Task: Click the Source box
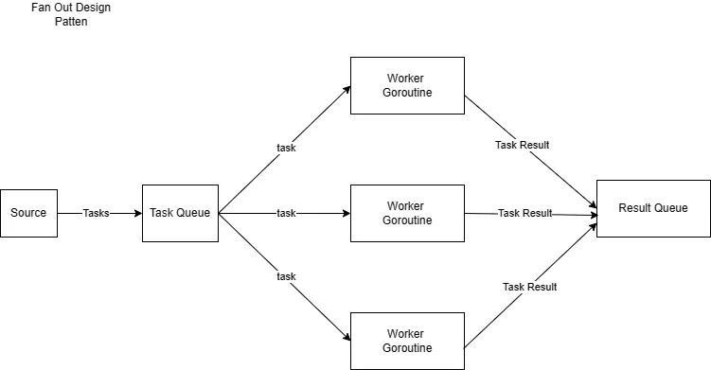point(28,213)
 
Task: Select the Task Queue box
point(180,213)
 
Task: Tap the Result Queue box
point(652,208)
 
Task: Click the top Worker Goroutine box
point(407,85)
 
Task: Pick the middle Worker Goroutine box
point(407,213)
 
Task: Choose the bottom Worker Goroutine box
point(407,341)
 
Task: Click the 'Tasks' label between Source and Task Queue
point(97,213)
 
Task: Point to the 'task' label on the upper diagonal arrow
point(286,148)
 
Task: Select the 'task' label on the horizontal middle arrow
point(286,213)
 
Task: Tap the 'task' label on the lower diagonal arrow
point(286,276)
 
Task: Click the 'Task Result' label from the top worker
point(522,146)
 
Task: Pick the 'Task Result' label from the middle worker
point(524,213)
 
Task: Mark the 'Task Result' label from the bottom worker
point(529,287)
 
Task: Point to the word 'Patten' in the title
point(70,22)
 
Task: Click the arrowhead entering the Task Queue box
point(137,213)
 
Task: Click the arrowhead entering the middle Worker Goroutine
point(346,213)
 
